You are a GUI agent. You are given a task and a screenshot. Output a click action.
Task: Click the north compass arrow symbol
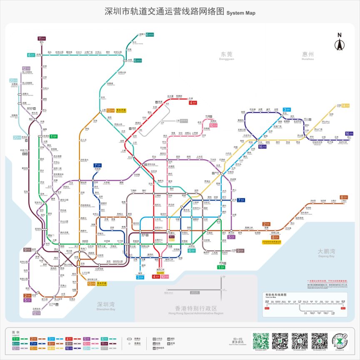pos(339,43)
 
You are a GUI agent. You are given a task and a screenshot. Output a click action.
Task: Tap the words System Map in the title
pos(241,13)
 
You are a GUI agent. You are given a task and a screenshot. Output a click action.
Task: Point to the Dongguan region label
pos(227,55)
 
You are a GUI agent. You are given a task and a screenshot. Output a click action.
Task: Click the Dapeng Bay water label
pos(326,252)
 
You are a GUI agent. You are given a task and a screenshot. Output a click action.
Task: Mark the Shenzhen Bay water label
pos(106,305)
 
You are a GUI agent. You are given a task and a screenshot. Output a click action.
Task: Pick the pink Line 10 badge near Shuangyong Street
pos(213,125)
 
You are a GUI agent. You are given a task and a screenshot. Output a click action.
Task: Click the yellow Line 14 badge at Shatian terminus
pos(345,105)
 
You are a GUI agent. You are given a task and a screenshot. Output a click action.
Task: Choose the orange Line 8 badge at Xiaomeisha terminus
pos(344,197)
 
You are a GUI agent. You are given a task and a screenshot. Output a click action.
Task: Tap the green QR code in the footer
pos(261,340)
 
